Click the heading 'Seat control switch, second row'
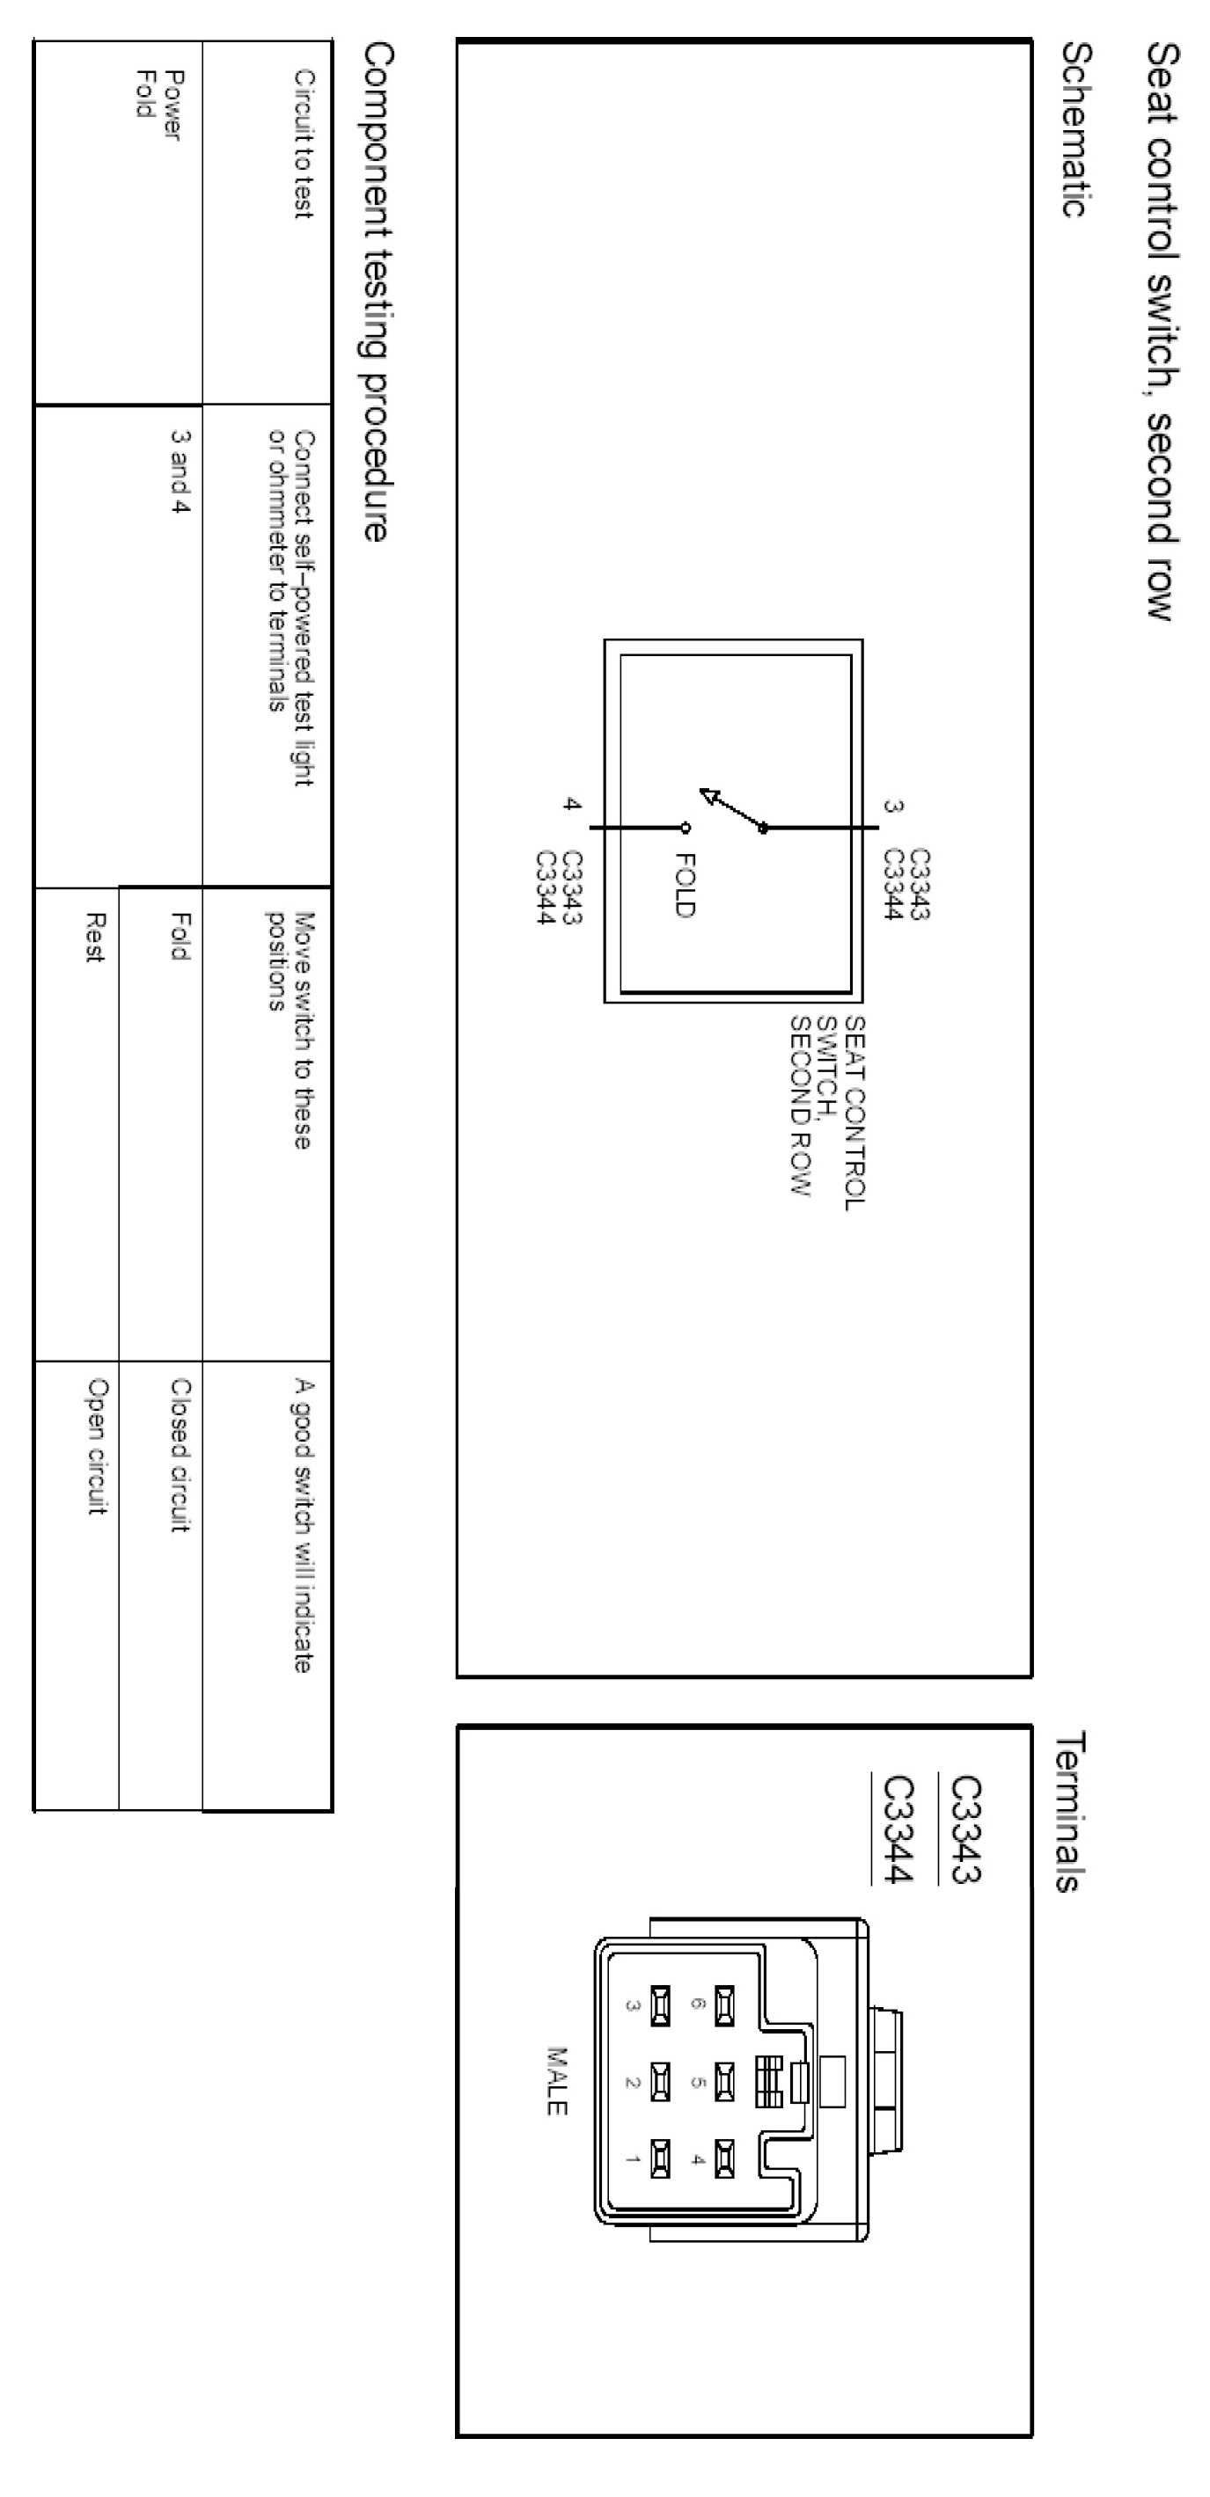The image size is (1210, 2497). pos(1162,330)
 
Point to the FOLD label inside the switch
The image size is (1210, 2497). pos(685,884)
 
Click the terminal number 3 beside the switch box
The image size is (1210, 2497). pos(893,806)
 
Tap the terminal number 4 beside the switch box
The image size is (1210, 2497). pos(572,804)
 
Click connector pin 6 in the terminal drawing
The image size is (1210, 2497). pos(724,2004)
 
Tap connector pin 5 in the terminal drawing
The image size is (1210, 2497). pos(724,2080)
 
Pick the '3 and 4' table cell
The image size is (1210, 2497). pos(180,471)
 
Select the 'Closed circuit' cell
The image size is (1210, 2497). pos(180,1454)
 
